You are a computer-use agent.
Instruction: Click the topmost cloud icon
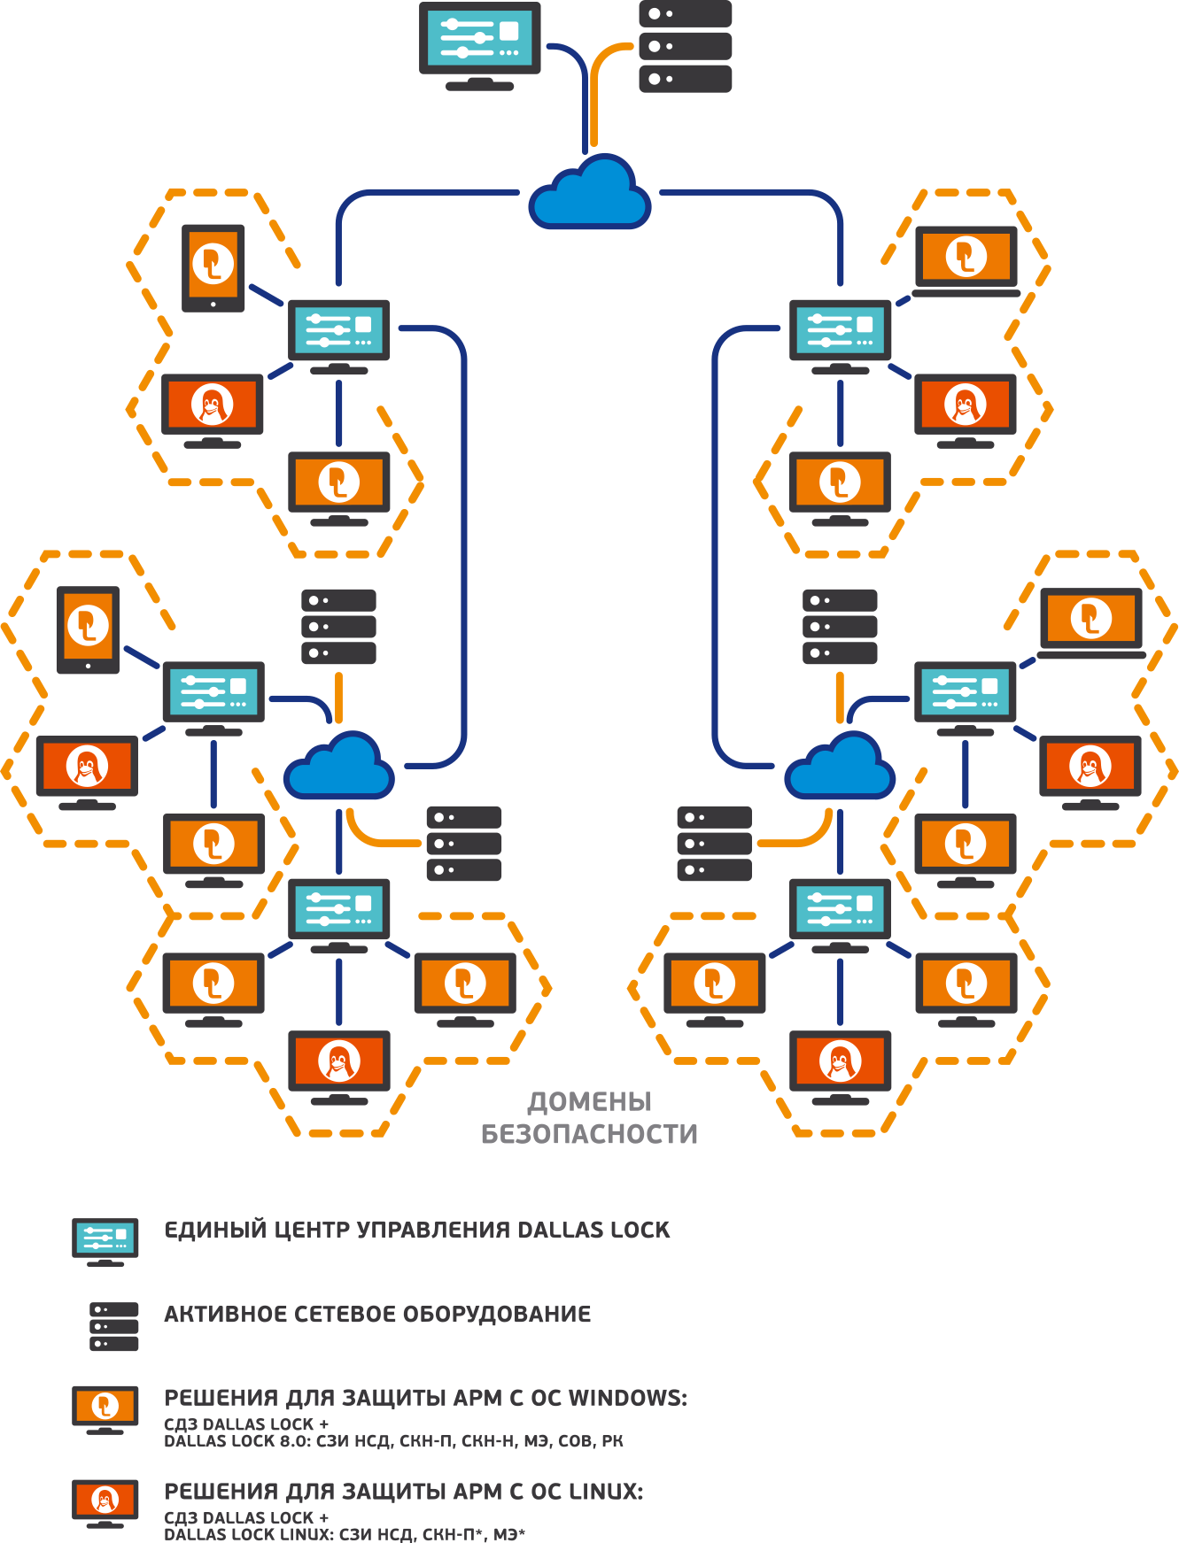pyautogui.click(x=590, y=194)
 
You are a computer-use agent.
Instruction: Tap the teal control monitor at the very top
pyautogui.click(x=479, y=40)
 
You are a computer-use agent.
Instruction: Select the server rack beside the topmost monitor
pyautogui.click(x=685, y=46)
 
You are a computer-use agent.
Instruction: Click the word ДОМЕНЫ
pyautogui.click(x=589, y=1102)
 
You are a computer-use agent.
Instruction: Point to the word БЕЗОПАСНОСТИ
pyautogui.click(x=589, y=1134)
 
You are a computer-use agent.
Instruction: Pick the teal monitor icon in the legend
pyautogui.click(x=105, y=1239)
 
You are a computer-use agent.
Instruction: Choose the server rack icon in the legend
pyautogui.click(x=114, y=1326)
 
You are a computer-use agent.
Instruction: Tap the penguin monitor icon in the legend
pyautogui.click(x=105, y=1501)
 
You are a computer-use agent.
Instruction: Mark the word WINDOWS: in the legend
pyautogui.click(x=627, y=1398)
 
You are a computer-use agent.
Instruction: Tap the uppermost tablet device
pyautogui.click(x=213, y=267)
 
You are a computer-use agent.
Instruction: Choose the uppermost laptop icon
pyautogui.click(x=966, y=259)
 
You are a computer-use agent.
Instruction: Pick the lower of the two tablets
pyautogui.click(x=88, y=629)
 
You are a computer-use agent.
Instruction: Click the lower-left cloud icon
pyautogui.click(x=338, y=767)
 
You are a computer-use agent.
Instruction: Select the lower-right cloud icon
pyautogui.click(x=840, y=767)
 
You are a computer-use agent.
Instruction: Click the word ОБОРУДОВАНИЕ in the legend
pyautogui.click(x=497, y=1314)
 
